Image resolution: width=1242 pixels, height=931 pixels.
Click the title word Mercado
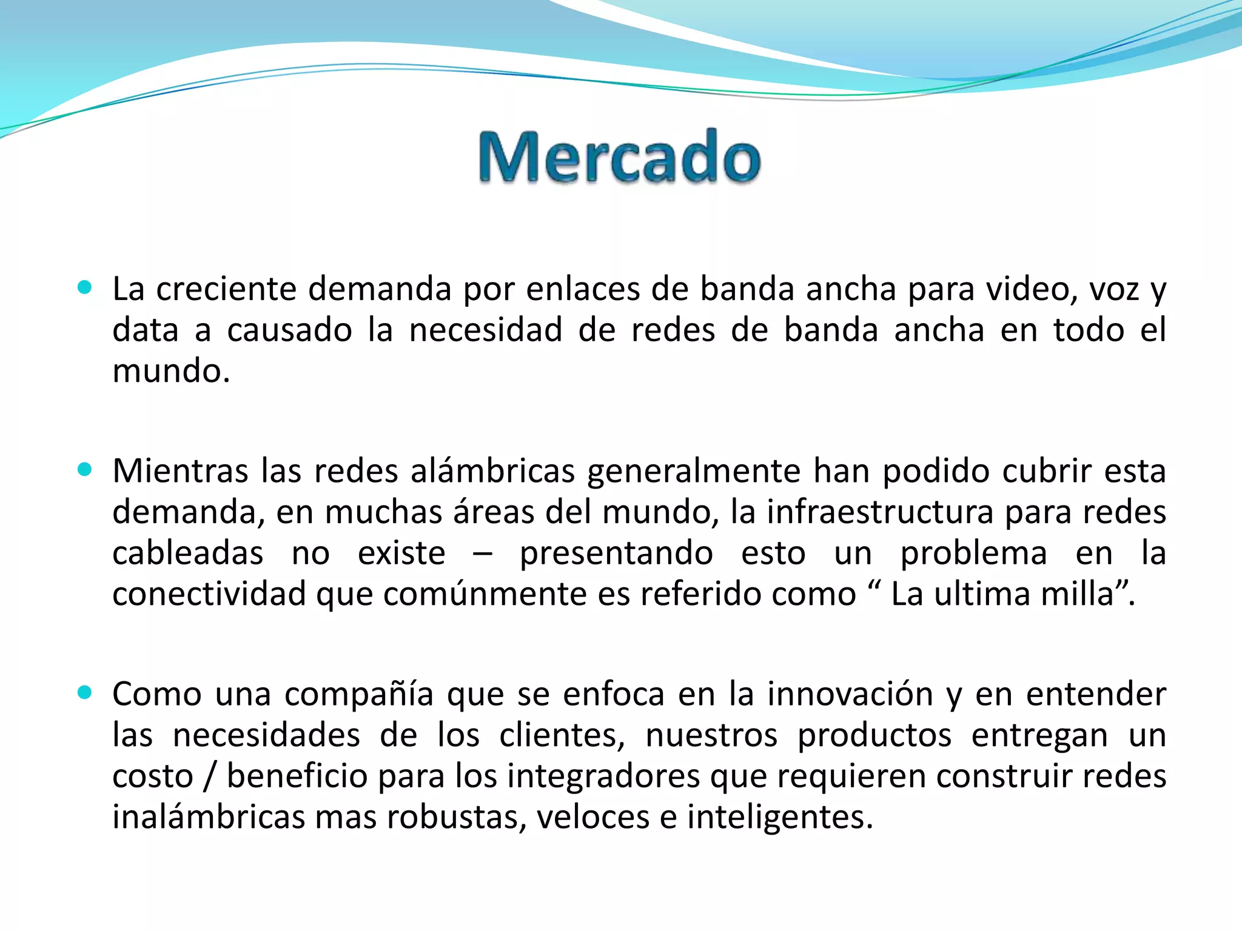click(x=620, y=157)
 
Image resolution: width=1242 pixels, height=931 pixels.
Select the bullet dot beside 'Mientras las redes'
click(x=85, y=469)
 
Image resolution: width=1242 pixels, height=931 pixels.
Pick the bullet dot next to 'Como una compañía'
click(x=85, y=692)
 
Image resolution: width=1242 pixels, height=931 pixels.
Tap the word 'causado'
click(x=289, y=330)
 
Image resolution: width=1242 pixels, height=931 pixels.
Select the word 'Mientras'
click(x=180, y=472)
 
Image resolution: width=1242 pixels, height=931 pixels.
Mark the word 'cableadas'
click(x=187, y=553)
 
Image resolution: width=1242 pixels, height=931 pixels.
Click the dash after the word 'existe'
click(x=483, y=554)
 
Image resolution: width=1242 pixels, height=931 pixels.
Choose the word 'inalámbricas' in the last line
click(x=207, y=817)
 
